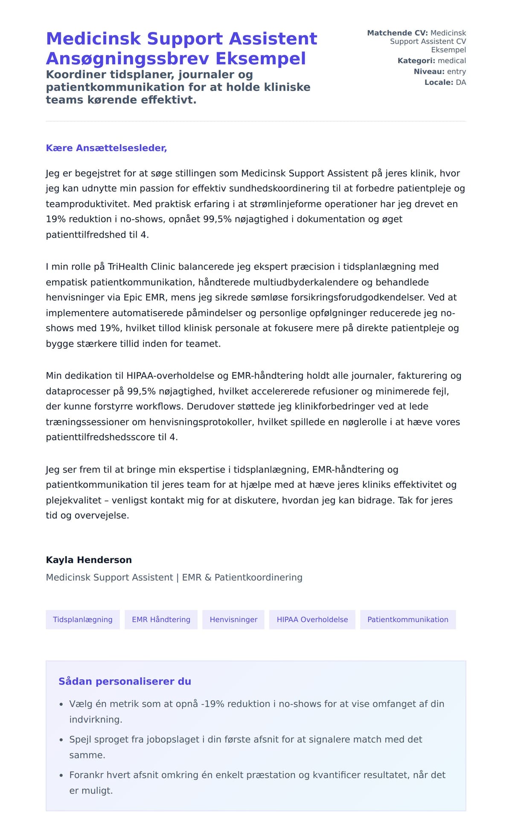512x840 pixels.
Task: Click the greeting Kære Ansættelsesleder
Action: click(106, 148)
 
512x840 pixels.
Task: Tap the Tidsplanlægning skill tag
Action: click(83, 619)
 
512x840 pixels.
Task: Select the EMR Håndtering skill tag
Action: click(161, 619)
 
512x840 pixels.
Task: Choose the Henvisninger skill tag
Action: click(233, 619)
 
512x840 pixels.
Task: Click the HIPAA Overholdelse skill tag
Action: click(312, 619)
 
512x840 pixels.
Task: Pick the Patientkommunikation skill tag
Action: click(407, 619)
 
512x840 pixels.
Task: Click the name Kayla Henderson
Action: click(89, 560)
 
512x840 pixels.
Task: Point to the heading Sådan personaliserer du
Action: click(125, 681)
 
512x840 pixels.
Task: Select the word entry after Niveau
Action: click(456, 72)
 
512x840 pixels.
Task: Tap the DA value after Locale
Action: click(461, 82)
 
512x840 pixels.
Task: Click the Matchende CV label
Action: click(397, 33)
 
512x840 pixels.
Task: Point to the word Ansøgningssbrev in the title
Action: click(128, 58)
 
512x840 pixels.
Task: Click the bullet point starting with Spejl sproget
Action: click(245, 739)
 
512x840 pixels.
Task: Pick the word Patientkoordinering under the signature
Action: click(258, 577)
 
